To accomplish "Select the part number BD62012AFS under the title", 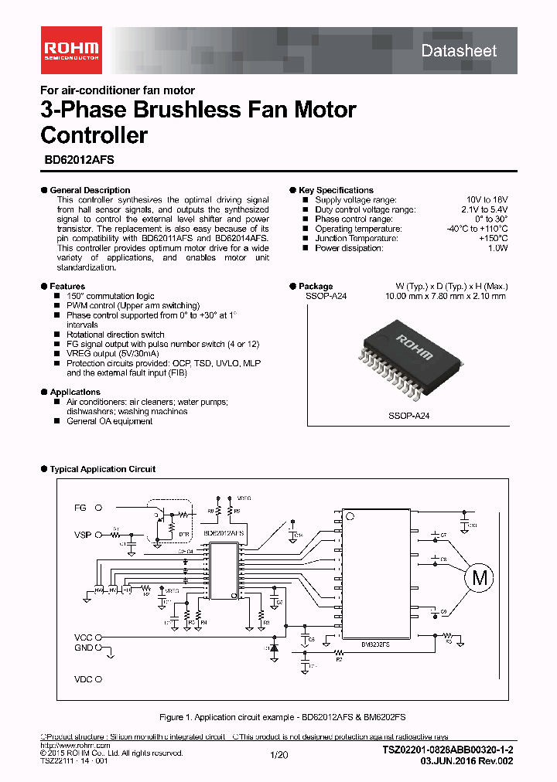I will pyautogui.click(x=77, y=163).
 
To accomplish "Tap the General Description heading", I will pyautogui.click(x=90, y=190).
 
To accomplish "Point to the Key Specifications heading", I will pyautogui.click(x=336, y=190).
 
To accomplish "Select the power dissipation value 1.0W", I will pyautogui.click(x=497, y=248).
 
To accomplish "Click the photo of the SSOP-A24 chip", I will pyautogui.click(x=408, y=350).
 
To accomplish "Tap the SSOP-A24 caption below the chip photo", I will pyautogui.click(x=408, y=416).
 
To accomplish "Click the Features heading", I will pyautogui.click(x=67, y=287).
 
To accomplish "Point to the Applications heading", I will pyautogui.click(x=75, y=393).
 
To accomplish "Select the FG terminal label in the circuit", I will pyautogui.click(x=80, y=508).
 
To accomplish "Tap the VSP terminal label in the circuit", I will pyautogui.click(x=82, y=535).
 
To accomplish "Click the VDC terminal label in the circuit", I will pyautogui.click(x=83, y=680).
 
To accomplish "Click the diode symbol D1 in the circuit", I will pyautogui.click(x=273, y=648).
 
